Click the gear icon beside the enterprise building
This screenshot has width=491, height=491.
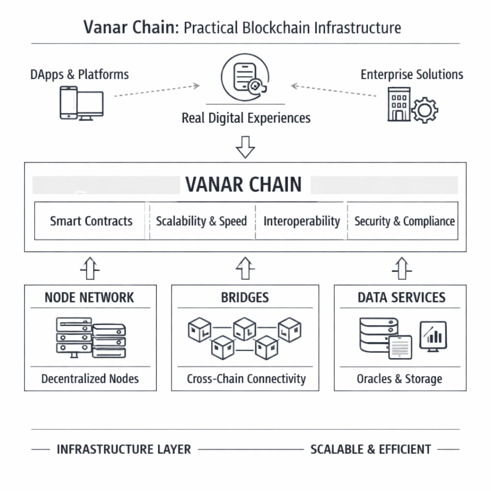[x=424, y=111]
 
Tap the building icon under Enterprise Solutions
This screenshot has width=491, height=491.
[x=399, y=104]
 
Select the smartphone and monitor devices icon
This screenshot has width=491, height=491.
[x=81, y=102]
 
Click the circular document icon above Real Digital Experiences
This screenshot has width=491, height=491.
[x=245, y=78]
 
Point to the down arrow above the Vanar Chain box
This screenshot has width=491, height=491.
[x=245, y=147]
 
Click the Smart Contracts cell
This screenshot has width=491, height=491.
[x=91, y=221]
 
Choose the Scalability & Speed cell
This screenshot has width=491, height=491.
[x=201, y=221]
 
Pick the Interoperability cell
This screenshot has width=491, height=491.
[x=302, y=221]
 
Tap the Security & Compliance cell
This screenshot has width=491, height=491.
[x=404, y=221]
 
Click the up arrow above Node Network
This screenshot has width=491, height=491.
[x=90, y=268]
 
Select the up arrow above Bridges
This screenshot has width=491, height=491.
[x=245, y=268]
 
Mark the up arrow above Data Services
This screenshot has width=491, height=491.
[x=402, y=268]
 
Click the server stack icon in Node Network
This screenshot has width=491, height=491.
[x=91, y=337]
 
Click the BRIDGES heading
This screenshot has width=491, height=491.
[x=245, y=297]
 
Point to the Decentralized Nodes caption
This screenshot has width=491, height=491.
[x=90, y=379]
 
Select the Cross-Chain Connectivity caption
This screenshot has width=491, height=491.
[x=246, y=379]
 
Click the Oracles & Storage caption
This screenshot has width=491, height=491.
[x=399, y=379]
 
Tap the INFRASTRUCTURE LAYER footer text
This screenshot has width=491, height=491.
[x=124, y=449]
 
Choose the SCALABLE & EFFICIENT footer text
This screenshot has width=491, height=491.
[x=371, y=449]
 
